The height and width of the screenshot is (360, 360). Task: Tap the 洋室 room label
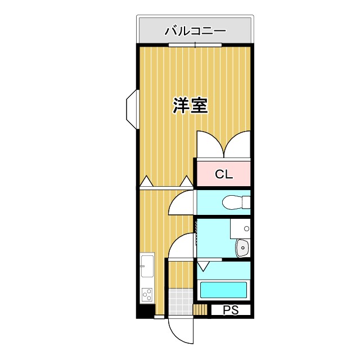pos(190,105)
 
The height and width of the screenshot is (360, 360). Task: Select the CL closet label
pos(223,174)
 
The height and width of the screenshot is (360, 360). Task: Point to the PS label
pos(231,310)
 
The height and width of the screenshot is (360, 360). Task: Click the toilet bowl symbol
pos(236,202)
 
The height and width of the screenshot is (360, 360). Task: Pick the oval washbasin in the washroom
pos(242,246)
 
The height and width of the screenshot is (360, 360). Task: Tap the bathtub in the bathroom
pos(224,290)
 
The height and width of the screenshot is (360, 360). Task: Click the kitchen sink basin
pos(147,265)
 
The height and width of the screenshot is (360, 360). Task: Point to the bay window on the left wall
pos(131,107)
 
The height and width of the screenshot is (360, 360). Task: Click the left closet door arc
pos(209,143)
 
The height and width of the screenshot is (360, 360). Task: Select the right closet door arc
pos(237,143)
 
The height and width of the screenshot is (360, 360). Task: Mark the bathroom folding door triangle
pos(203,265)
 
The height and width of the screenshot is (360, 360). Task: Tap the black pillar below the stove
pos(146,310)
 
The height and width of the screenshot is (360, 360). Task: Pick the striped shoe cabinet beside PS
pos(200,310)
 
